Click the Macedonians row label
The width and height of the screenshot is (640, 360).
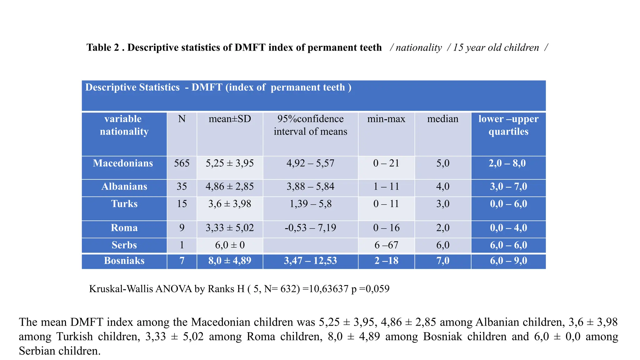coord(123,163)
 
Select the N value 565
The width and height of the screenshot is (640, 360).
coord(182,163)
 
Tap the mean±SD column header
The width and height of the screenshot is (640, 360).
coord(230,119)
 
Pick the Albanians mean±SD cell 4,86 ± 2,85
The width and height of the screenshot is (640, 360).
coord(230,187)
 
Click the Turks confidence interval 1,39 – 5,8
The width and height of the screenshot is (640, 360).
coord(310,204)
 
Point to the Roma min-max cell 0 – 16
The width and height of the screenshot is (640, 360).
coord(386,228)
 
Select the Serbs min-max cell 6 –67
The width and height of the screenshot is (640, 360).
coord(386,245)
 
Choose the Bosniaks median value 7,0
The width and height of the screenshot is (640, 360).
coord(443,261)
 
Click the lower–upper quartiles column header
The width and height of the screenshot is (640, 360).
coord(508,125)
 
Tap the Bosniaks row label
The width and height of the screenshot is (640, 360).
coord(124,261)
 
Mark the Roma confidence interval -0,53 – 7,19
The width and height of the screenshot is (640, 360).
coord(310,228)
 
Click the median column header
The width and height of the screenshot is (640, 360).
coord(443,119)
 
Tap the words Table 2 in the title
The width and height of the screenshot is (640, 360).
coord(103,47)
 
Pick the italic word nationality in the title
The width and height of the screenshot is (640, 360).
coord(419,47)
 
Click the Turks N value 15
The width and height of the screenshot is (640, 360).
coord(182,204)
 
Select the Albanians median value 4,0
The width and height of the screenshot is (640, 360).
coord(443,187)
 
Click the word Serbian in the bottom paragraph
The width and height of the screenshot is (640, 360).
coord(37,351)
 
